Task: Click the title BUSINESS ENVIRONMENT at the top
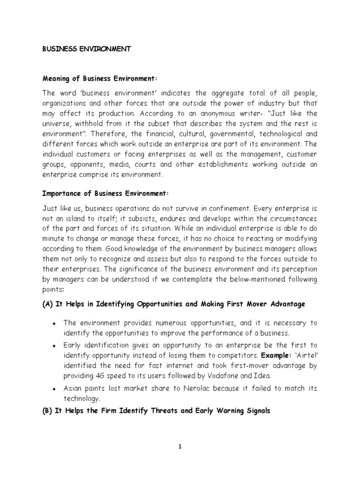pos(87,49)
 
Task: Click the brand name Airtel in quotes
pos(305,355)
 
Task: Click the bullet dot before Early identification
pos(55,345)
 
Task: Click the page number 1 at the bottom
pos(180,447)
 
